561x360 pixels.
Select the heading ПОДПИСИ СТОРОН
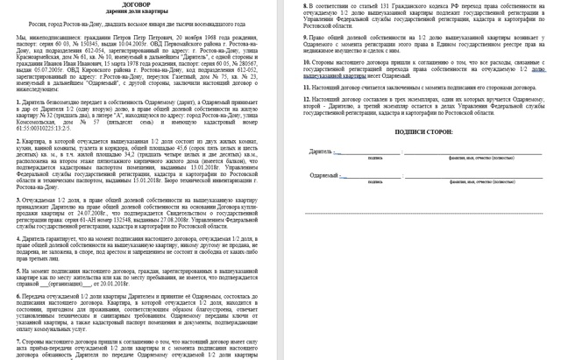coord(420,131)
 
